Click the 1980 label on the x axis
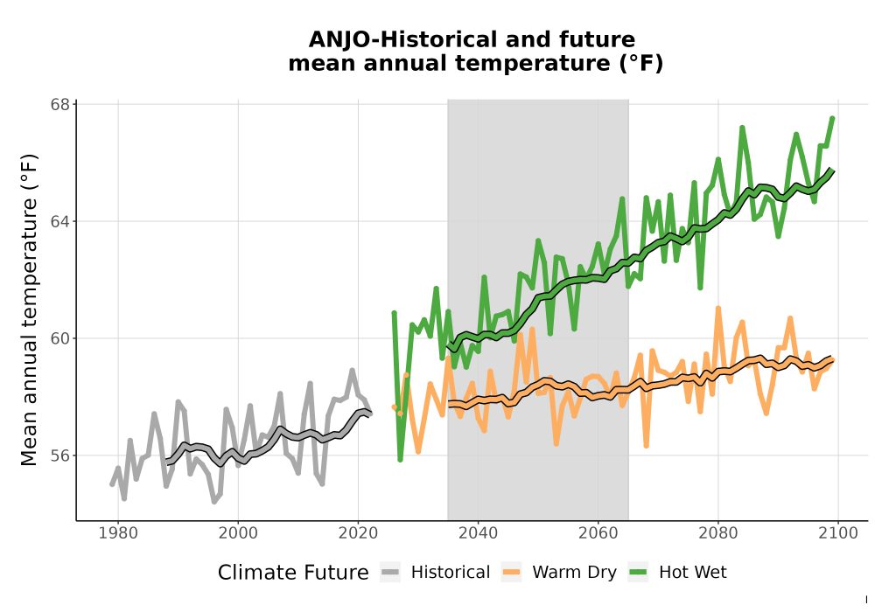click(118, 533)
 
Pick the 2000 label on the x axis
click(238, 533)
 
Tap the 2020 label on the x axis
click(358, 533)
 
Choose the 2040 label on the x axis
click(478, 533)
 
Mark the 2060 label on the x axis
click(598, 533)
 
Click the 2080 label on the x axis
click(718, 533)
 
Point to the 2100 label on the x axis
click(838, 533)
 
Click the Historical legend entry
click(435, 573)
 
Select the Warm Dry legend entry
click(558, 573)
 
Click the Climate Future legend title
click(293, 573)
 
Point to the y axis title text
click(29, 309)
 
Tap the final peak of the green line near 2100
click(833, 118)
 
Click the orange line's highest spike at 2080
click(718, 309)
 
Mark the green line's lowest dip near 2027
click(400, 459)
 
